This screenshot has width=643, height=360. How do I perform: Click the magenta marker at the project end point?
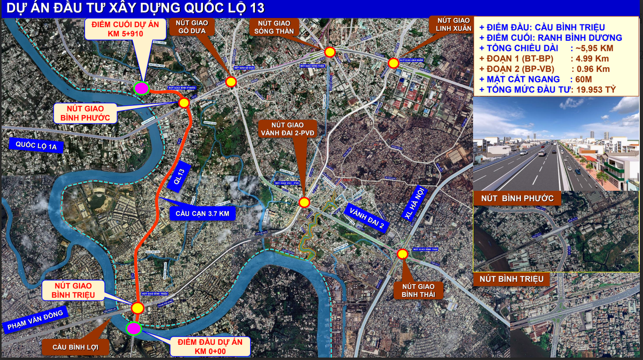coord(142,88)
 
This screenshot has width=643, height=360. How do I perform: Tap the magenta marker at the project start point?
coord(134,328)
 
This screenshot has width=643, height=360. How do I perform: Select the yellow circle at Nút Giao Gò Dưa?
coord(231,82)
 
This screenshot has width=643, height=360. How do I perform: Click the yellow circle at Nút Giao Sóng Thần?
coord(329,52)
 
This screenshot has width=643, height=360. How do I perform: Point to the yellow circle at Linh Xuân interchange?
coord(393,63)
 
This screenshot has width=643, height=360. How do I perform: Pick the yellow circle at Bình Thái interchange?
coord(402,254)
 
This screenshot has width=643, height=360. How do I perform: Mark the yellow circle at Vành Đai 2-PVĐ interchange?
coord(304,202)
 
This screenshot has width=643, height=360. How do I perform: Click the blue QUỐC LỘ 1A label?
coord(36,145)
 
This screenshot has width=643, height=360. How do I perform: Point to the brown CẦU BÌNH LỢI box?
coord(75,347)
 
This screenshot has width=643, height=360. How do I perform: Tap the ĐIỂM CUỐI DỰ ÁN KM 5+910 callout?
coord(126,29)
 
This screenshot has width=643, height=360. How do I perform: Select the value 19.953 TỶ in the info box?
coord(596,90)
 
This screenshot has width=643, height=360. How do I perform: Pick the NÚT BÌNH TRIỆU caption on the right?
coord(511,279)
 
